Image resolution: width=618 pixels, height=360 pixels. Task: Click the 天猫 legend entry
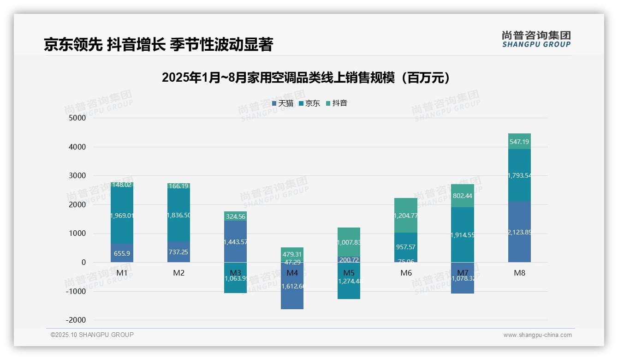283,103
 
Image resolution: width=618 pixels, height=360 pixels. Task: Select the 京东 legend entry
309,103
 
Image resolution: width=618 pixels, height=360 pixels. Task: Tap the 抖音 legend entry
336,103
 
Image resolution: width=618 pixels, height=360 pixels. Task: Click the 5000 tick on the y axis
77,118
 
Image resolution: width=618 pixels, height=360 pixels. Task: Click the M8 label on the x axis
519,273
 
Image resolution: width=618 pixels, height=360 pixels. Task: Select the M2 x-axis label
178,273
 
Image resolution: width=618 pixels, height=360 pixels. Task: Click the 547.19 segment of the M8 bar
519,142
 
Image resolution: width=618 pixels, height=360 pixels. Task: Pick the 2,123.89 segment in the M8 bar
519,232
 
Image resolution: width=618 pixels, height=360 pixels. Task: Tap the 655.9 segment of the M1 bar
122,253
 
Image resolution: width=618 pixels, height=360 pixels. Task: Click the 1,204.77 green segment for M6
406,216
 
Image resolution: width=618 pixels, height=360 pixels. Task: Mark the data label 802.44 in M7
463,196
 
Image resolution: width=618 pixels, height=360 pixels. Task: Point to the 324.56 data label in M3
235,216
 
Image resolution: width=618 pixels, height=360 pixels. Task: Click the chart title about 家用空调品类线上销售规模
305,78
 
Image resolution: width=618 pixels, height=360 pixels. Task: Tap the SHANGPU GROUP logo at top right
536,39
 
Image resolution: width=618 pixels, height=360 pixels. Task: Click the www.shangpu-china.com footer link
537,335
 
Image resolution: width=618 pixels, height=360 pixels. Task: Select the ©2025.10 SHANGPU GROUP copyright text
92,335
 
